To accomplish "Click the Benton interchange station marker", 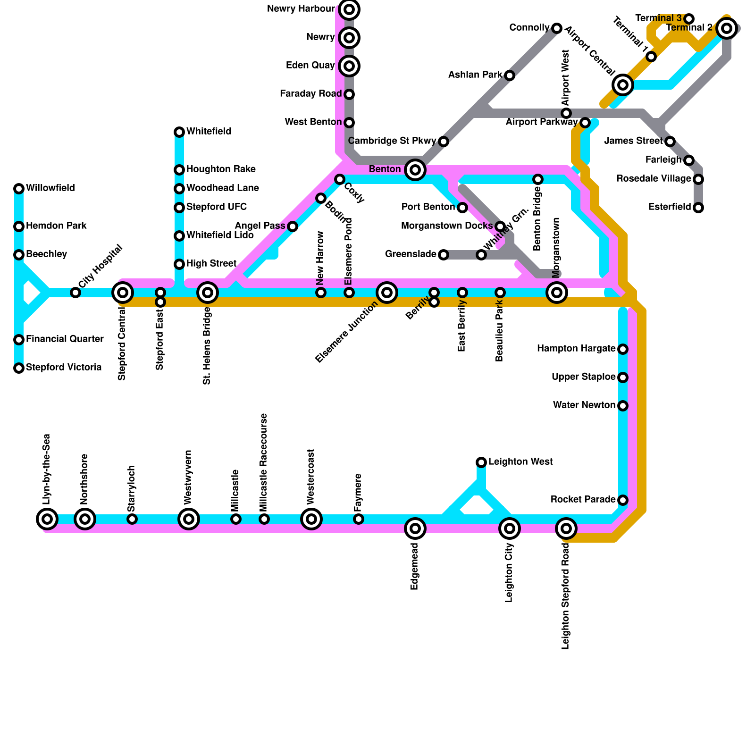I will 415,169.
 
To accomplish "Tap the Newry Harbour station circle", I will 349,9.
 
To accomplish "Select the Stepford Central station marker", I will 123,293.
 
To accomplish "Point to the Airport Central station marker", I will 623,85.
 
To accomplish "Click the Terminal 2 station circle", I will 727,28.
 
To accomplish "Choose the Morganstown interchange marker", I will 557,293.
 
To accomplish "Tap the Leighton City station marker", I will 510,528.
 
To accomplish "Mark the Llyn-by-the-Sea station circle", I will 47,519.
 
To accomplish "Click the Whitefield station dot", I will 179,132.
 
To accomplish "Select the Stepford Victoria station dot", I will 19,368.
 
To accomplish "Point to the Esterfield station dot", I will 698,208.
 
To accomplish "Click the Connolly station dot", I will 557,28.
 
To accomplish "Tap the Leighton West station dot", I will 481,462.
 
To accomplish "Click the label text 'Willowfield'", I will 50,188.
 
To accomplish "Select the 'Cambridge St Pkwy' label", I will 392,141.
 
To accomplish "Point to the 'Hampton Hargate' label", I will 576,349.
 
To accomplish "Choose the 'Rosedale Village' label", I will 654,179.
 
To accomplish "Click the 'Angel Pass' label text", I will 260,226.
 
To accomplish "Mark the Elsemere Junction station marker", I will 387,293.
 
